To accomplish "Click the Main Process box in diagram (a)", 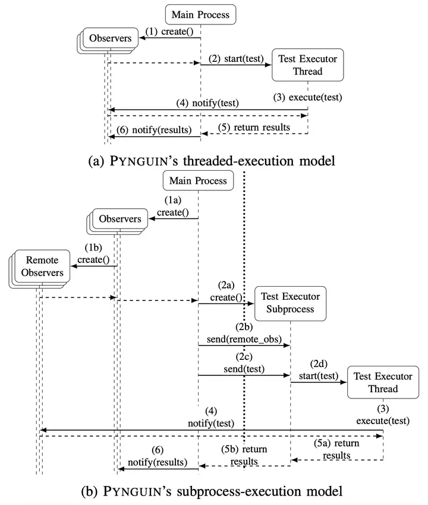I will [x=200, y=14].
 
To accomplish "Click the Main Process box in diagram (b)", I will [x=198, y=180].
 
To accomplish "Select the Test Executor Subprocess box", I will [x=290, y=303].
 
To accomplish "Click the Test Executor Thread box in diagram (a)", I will [x=307, y=65].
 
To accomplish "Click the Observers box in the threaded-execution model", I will [x=110, y=39].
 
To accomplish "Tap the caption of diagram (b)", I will [x=213, y=491].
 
